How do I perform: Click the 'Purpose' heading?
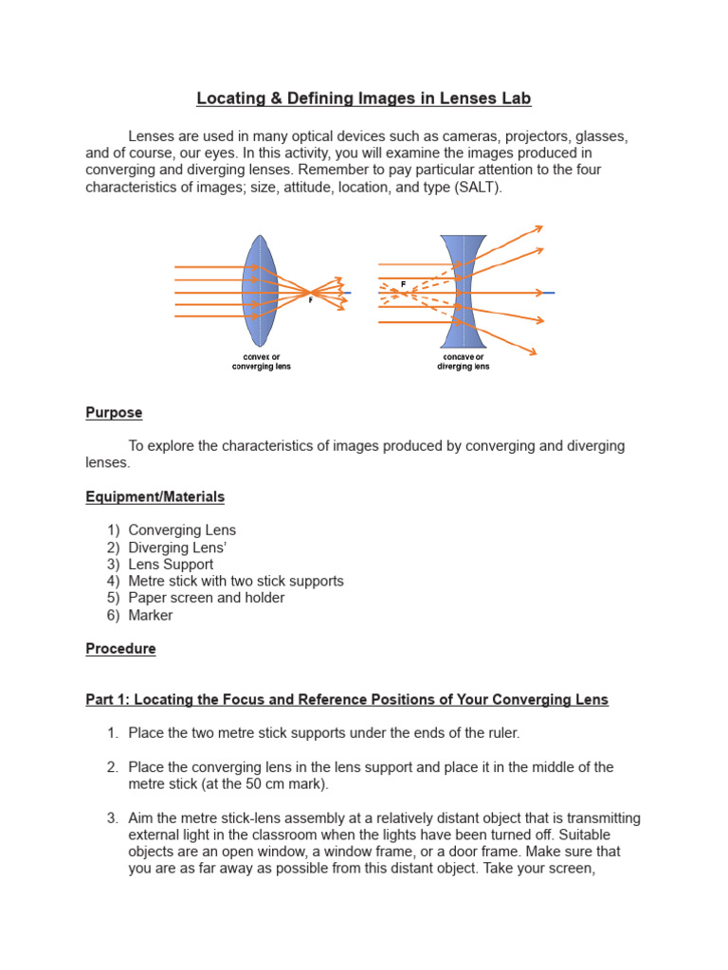click(114, 412)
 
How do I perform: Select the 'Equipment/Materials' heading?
click(155, 496)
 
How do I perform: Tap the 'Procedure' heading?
click(120, 649)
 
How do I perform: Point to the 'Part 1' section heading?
click(347, 700)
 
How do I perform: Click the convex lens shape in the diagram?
click(259, 293)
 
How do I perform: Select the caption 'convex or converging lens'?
click(261, 362)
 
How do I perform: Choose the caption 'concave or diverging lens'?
click(463, 362)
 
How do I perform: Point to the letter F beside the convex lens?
click(310, 300)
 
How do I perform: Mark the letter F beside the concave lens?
click(403, 283)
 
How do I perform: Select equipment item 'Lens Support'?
click(171, 564)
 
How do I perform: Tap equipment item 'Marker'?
click(151, 615)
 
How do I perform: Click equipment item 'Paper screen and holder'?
click(206, 598)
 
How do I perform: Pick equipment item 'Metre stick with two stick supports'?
click(235, 581)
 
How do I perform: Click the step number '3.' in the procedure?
click(113, 818)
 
